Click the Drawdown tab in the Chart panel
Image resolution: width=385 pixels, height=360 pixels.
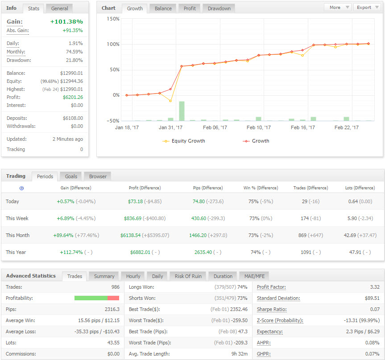(219, 8)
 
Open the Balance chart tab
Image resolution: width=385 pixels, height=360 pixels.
(163, 8)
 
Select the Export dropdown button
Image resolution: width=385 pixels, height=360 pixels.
(367, 8)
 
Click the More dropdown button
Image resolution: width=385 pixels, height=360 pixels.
(338, 8)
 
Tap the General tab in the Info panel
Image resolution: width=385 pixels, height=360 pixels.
(59, 8)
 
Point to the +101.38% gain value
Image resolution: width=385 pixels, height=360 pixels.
(66, 21)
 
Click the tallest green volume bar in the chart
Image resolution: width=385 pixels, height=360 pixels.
(182, 111)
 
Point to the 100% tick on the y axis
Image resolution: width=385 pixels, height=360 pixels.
(113, 45)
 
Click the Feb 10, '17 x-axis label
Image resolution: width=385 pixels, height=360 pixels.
(259, 127)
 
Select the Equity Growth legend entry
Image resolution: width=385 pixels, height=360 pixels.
(184, 141)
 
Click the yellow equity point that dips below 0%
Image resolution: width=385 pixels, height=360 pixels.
(170, 101)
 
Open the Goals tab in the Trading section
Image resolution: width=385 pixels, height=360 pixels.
(71, 176)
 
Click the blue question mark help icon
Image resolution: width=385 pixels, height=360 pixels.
(21, 188)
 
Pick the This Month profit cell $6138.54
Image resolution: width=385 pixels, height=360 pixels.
(130, 235)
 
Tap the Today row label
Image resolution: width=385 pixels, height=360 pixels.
(12, 201)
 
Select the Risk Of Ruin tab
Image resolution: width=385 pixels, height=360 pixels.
(188, 276)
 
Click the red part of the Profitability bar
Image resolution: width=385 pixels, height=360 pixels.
(113, 298)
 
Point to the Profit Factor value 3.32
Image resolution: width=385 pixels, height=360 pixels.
(375, 287)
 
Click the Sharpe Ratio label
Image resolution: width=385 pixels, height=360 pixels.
(272, 310)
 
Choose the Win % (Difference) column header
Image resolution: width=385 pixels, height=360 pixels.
(261, 188)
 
